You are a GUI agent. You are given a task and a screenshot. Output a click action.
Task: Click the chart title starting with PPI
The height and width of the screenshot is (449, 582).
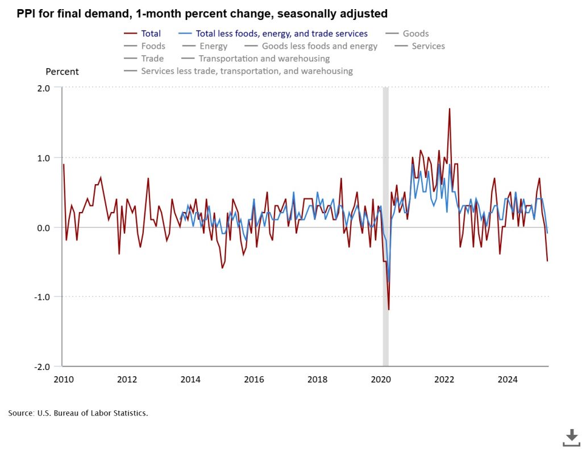point(202,13)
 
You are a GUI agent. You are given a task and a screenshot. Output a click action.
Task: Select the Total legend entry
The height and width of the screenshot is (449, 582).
point(151,34)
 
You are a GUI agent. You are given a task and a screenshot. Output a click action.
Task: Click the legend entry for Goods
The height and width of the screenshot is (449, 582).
point(415,34)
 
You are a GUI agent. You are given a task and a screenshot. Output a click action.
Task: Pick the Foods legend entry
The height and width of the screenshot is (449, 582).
point(153,46)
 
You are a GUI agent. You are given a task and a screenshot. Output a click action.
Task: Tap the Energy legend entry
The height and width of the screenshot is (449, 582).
point(213,46)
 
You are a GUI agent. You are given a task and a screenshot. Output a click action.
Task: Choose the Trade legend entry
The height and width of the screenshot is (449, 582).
point(152,59)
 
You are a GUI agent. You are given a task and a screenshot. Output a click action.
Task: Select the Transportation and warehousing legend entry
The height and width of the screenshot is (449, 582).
point(264,59)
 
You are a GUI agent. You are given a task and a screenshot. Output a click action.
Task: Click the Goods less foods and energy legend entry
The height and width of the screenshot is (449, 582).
point(319,46)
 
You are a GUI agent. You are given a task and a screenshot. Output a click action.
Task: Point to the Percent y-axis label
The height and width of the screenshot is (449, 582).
point(62,72)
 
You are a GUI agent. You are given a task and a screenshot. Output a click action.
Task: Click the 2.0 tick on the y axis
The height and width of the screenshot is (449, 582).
point(44,88)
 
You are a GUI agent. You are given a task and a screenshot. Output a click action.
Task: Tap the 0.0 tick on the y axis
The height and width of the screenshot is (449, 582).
point(44,227)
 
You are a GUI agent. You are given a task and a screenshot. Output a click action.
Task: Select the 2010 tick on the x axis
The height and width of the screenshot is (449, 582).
point(63,380)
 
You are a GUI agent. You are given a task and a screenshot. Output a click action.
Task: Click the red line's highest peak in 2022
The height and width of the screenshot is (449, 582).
point(449,109)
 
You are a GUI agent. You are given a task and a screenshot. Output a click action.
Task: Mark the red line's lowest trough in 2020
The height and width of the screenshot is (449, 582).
point(389,310)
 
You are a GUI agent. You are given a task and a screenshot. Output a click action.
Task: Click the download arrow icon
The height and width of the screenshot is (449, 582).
point(571,437)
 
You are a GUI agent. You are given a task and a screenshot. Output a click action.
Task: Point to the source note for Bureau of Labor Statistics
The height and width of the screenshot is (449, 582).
point(78,413)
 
